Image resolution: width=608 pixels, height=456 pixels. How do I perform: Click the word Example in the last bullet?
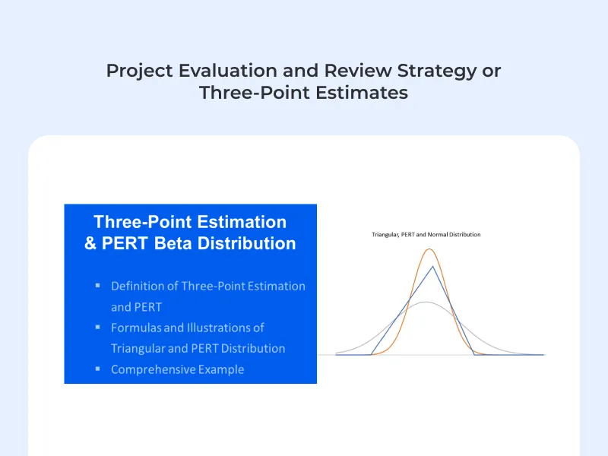[220, 369]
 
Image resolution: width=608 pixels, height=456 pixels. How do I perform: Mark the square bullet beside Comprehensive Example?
[98, 369]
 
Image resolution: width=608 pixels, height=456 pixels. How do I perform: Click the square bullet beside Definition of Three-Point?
[98, 286]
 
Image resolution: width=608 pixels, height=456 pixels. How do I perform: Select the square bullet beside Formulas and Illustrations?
[98, 327]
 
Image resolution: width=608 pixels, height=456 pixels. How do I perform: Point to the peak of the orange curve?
[430, 249]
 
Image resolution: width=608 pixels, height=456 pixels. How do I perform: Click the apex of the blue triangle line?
[432, 266]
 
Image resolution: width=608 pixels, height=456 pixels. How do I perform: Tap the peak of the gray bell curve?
[427, 302]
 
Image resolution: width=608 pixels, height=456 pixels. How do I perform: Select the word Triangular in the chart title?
[385, 235]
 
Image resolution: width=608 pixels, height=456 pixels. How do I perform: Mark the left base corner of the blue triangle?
[372, 354]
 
